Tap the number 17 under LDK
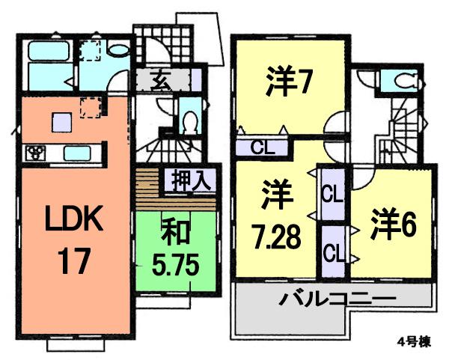click(73, 261)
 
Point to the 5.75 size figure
click(174, 266)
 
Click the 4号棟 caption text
click(412, 343)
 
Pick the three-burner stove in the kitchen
click(35, 153)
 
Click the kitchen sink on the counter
click(77, 153)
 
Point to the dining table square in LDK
click(61, 120)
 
